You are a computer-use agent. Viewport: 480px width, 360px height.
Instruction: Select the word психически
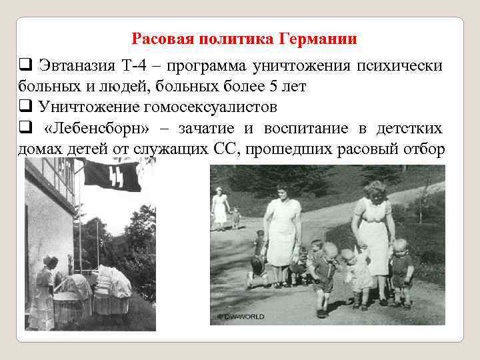(x=400, y=65)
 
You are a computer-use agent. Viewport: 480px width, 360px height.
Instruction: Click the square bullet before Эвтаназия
(x=24, y=65)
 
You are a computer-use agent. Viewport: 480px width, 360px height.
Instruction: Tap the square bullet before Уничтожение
(x=24, y=107)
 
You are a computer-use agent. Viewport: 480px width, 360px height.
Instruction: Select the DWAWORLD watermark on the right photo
(x=241, y=315)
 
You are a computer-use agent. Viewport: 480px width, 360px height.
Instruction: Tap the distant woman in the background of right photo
(x=219, y=207)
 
